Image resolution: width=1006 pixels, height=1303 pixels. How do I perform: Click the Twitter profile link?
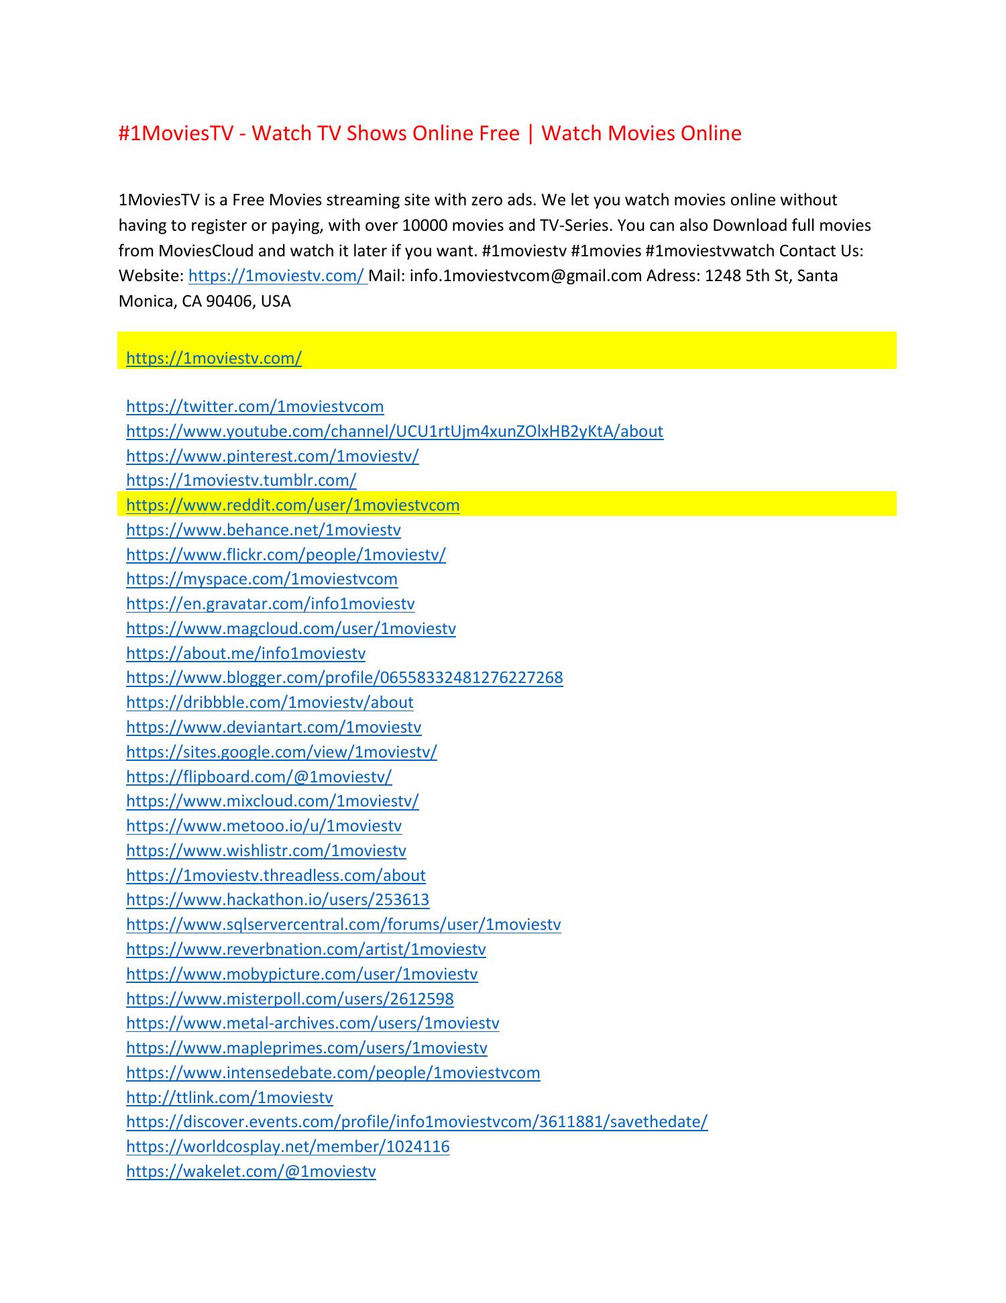pyautogui.click(x=255, y=407)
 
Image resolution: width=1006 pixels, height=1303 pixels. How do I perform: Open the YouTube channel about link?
pyautogui.click(x=394, y=431)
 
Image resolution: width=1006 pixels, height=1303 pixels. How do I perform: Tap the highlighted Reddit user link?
pyautogui.click(x=292, y=505)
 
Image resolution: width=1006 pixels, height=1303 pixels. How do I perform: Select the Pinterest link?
pyautogui.click(x=272, y=456)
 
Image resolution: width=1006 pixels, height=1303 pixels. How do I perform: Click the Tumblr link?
pyautogui.click(x=241, y=480)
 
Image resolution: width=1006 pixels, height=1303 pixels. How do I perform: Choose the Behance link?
pyautogui.click(x=263, y=530)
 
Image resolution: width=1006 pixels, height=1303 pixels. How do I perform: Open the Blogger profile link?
pyautogui.click(x=344, y=678)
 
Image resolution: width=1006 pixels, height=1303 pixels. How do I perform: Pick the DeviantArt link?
pyautogui.click(x=274, y=727)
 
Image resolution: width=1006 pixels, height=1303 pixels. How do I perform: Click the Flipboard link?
pyautogui.click(x=259, y=777)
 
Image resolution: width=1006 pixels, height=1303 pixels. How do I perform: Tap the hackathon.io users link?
pyautogui.click(x=278, y=900)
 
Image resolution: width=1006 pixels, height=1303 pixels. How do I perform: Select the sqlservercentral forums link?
pyautogui.click(x=343, y=925)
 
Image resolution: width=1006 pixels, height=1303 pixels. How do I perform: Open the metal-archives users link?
pyautogui.click(x=313, y=1023)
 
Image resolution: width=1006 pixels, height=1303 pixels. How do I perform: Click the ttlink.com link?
pyautogui.click(x=229, y=1098)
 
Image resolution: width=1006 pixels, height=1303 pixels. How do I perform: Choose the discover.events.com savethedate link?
pyautogui.click(x=416, y=1122)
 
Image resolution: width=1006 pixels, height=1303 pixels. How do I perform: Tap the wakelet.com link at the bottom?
pyautogui.click(x=251, y=1171)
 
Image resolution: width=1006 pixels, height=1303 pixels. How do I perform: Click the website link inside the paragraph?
pyautogui.click(x=277, y=276)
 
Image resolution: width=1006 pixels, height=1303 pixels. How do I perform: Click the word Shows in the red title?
pyautogui.click(x=376, y=134)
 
